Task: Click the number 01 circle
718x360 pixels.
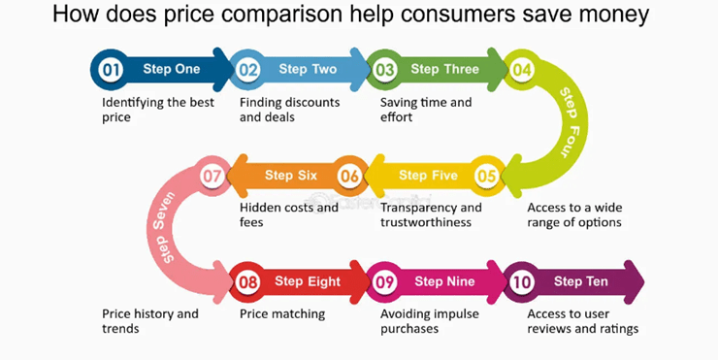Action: [110, 70]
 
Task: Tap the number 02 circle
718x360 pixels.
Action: [249, 70]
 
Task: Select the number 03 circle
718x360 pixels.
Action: [385, 70]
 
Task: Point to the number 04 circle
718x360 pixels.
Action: [522, 70]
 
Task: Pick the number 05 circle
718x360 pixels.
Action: [486, 177]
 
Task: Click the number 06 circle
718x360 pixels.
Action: [350, 177]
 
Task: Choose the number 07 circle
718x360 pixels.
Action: [212, 177]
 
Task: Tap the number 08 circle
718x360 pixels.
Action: [248, 282]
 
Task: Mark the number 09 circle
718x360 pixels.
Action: [385, 282]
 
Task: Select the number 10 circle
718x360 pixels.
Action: [522, 282]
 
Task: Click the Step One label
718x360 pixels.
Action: [171, 70]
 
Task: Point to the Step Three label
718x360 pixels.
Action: [444, 70]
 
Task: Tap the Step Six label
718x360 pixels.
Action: [291, 176]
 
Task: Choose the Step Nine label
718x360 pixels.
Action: [442, 282]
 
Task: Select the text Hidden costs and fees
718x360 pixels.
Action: [288, 214]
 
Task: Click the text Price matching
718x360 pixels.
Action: [282, 314]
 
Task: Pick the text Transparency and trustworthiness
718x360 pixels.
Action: [431, 214]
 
